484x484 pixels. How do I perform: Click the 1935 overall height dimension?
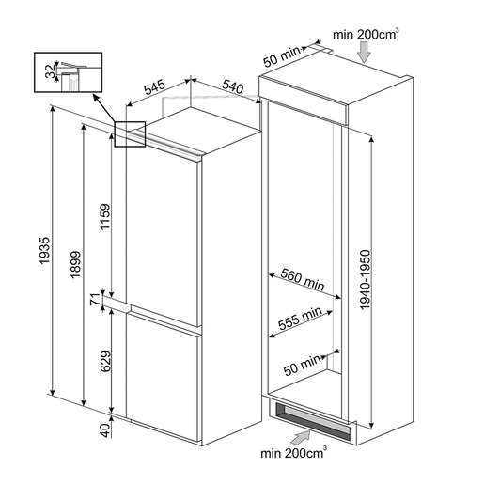[x=45, y=251]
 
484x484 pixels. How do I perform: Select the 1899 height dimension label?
[x=75, y=264]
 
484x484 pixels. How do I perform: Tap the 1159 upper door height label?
[x=105, y=217]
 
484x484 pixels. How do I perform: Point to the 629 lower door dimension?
[x=105, y=362]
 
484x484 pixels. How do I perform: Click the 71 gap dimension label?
[x=95, y=299]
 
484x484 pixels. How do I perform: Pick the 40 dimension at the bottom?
[x=105, y=430]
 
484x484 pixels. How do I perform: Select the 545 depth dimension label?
[x=154, y=87]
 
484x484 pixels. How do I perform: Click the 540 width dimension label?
[x=233, y=86]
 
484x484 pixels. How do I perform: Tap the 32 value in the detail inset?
[x=50, y=71]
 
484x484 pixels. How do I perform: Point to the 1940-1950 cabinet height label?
[x=366, y=280]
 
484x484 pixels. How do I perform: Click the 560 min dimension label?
[x=303, y=279]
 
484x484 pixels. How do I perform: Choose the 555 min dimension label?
[x=300, y=319]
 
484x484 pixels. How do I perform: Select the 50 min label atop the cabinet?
[x=282, y=57]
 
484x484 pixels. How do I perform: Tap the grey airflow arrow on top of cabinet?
[x=364, y=53]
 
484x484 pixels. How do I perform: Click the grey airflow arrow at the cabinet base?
[x=301, y=437]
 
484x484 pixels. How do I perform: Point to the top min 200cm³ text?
[x=366, y=34]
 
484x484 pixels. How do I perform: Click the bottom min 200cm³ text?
[x=293, y=453]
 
